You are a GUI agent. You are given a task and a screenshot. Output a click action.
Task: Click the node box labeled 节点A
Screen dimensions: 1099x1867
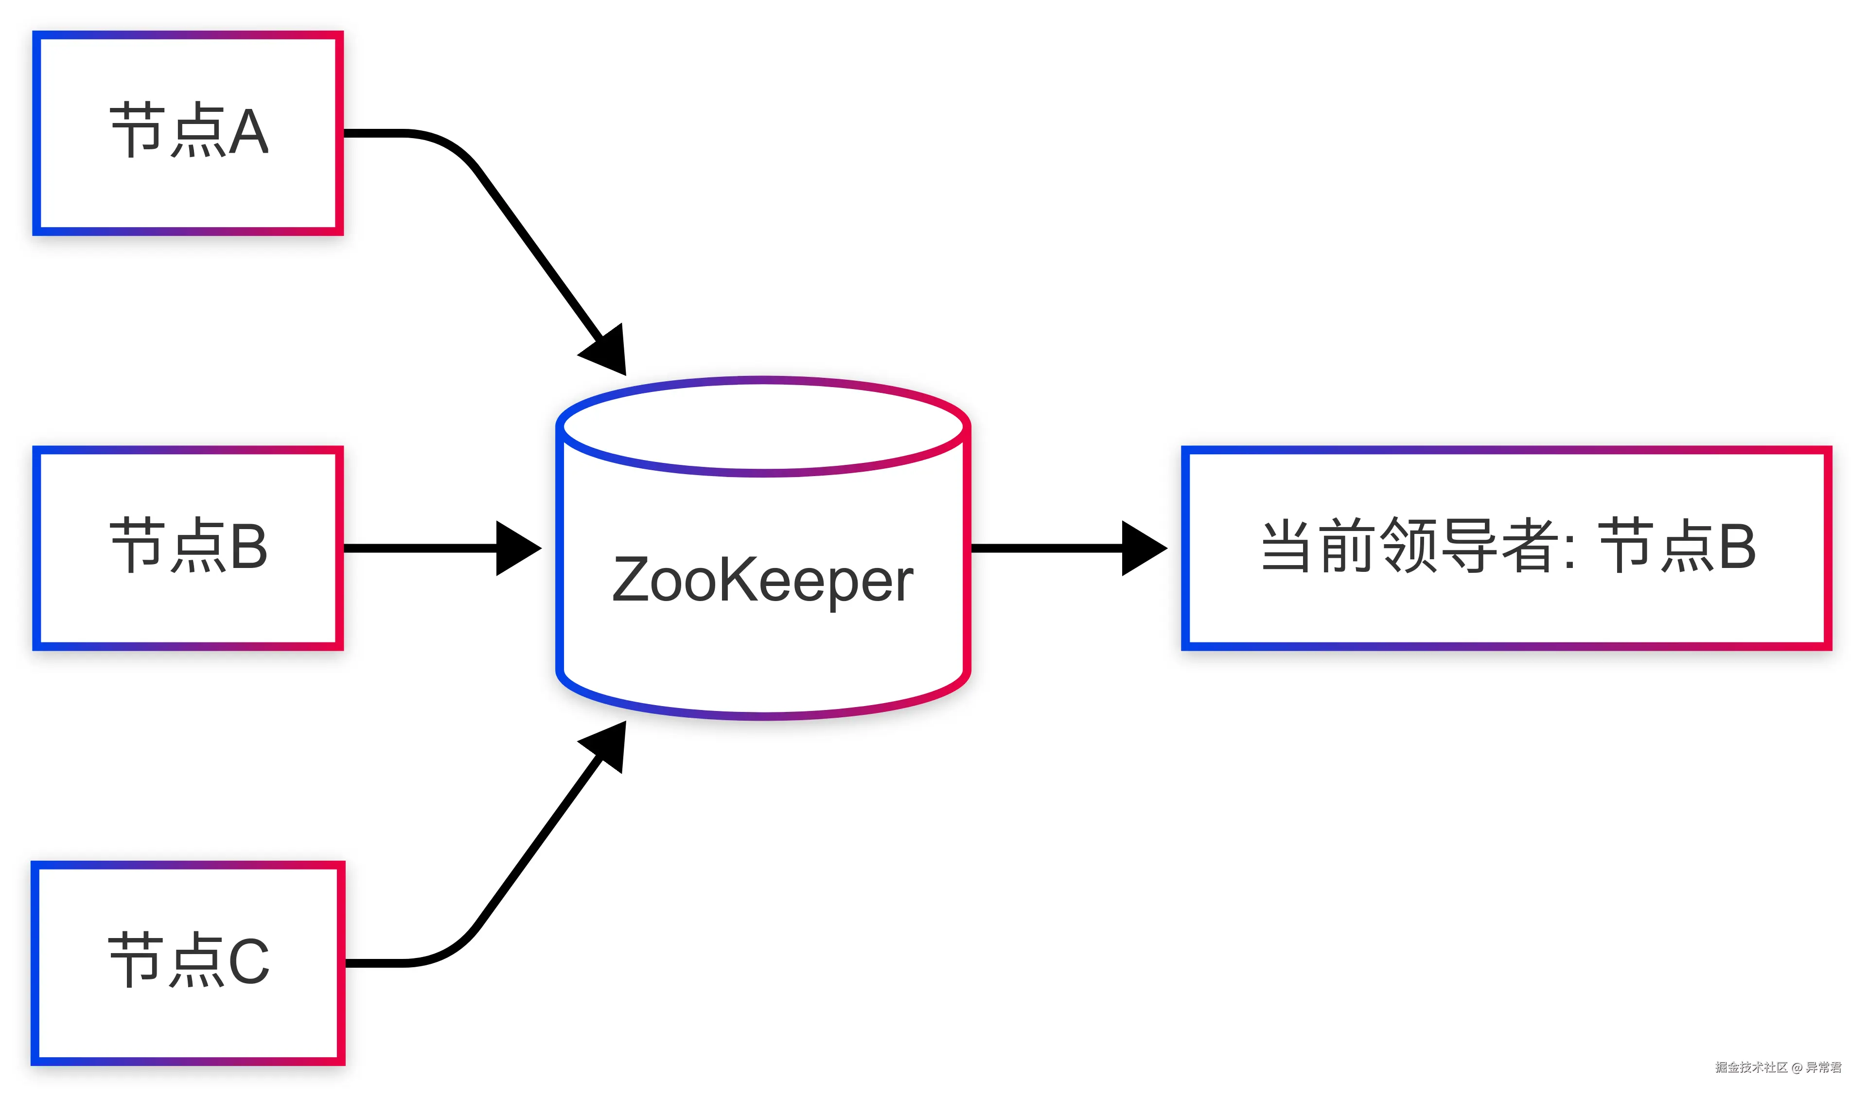pyautogui.click(x=188, y=133)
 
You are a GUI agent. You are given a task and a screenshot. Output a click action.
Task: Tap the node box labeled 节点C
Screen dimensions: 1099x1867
pyautogui.click(x=188, y=963)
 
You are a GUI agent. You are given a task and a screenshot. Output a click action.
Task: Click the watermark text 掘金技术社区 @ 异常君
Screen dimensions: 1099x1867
pyautogui.click(x=1778, y=1067)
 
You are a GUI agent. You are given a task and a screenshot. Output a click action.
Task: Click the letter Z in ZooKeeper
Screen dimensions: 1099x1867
pyautogui.click(x=631, y=580)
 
